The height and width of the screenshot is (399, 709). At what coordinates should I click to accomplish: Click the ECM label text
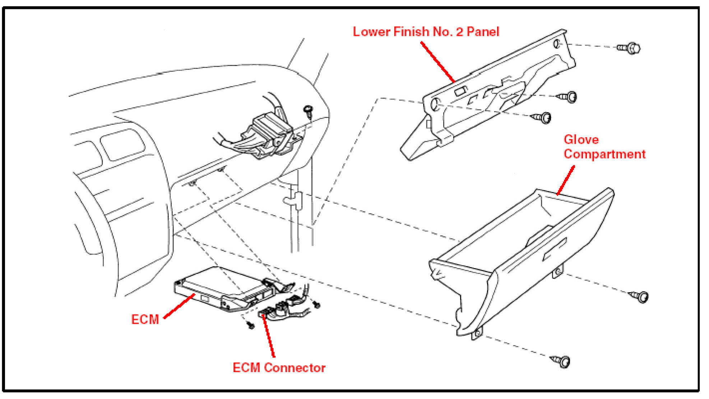tap(145, 319)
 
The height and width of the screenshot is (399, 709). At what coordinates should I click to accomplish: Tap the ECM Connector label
tap(279, 368)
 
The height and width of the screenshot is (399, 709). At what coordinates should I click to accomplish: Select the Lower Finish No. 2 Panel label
tap(426, 32)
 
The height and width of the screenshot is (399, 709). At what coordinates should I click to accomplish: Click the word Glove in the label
tap(581, 139)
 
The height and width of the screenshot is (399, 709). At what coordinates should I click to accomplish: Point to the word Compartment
tap(604, 154)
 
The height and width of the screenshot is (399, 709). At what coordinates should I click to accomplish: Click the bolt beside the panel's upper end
tap(630, 48)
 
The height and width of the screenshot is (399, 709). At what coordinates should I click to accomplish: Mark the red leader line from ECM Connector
tap(269, 336)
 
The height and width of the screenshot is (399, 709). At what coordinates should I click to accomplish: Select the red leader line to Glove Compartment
tap(566, 180)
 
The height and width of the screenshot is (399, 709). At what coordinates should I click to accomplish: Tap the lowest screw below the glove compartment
tap(561, 361)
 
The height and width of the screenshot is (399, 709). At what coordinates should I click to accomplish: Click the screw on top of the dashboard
tap(308, 110)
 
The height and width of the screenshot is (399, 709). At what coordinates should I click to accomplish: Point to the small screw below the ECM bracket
tap(251, 325)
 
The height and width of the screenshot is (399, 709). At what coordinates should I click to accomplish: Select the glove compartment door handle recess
tap(554, 249)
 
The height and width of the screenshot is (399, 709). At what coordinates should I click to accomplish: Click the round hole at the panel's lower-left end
tap(434, 104)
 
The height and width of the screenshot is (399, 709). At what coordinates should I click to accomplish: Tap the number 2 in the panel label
tap(459, 32)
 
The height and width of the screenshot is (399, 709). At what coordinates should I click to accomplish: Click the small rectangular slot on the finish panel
tap(460, 91)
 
